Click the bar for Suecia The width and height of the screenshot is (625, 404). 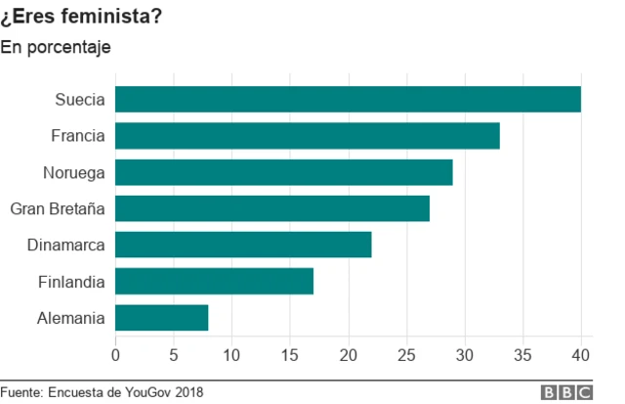pos(348,99)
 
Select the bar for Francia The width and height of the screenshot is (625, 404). pos(308,135)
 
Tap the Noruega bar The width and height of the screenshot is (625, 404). pos(284,172)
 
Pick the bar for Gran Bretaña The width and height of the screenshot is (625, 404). pos(272,208)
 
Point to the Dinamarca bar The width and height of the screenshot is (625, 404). pos(243,245)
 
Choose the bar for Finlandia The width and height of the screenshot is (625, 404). pos(214,282)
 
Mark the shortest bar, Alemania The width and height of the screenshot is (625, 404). pos(162,318)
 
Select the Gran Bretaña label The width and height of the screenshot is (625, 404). pos(57,208)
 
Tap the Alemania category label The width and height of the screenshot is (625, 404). pos(71,318)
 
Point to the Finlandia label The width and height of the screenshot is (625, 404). pos(71,282)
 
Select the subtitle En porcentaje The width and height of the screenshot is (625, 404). pos(56,46)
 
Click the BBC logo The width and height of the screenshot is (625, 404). pos(567,392)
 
